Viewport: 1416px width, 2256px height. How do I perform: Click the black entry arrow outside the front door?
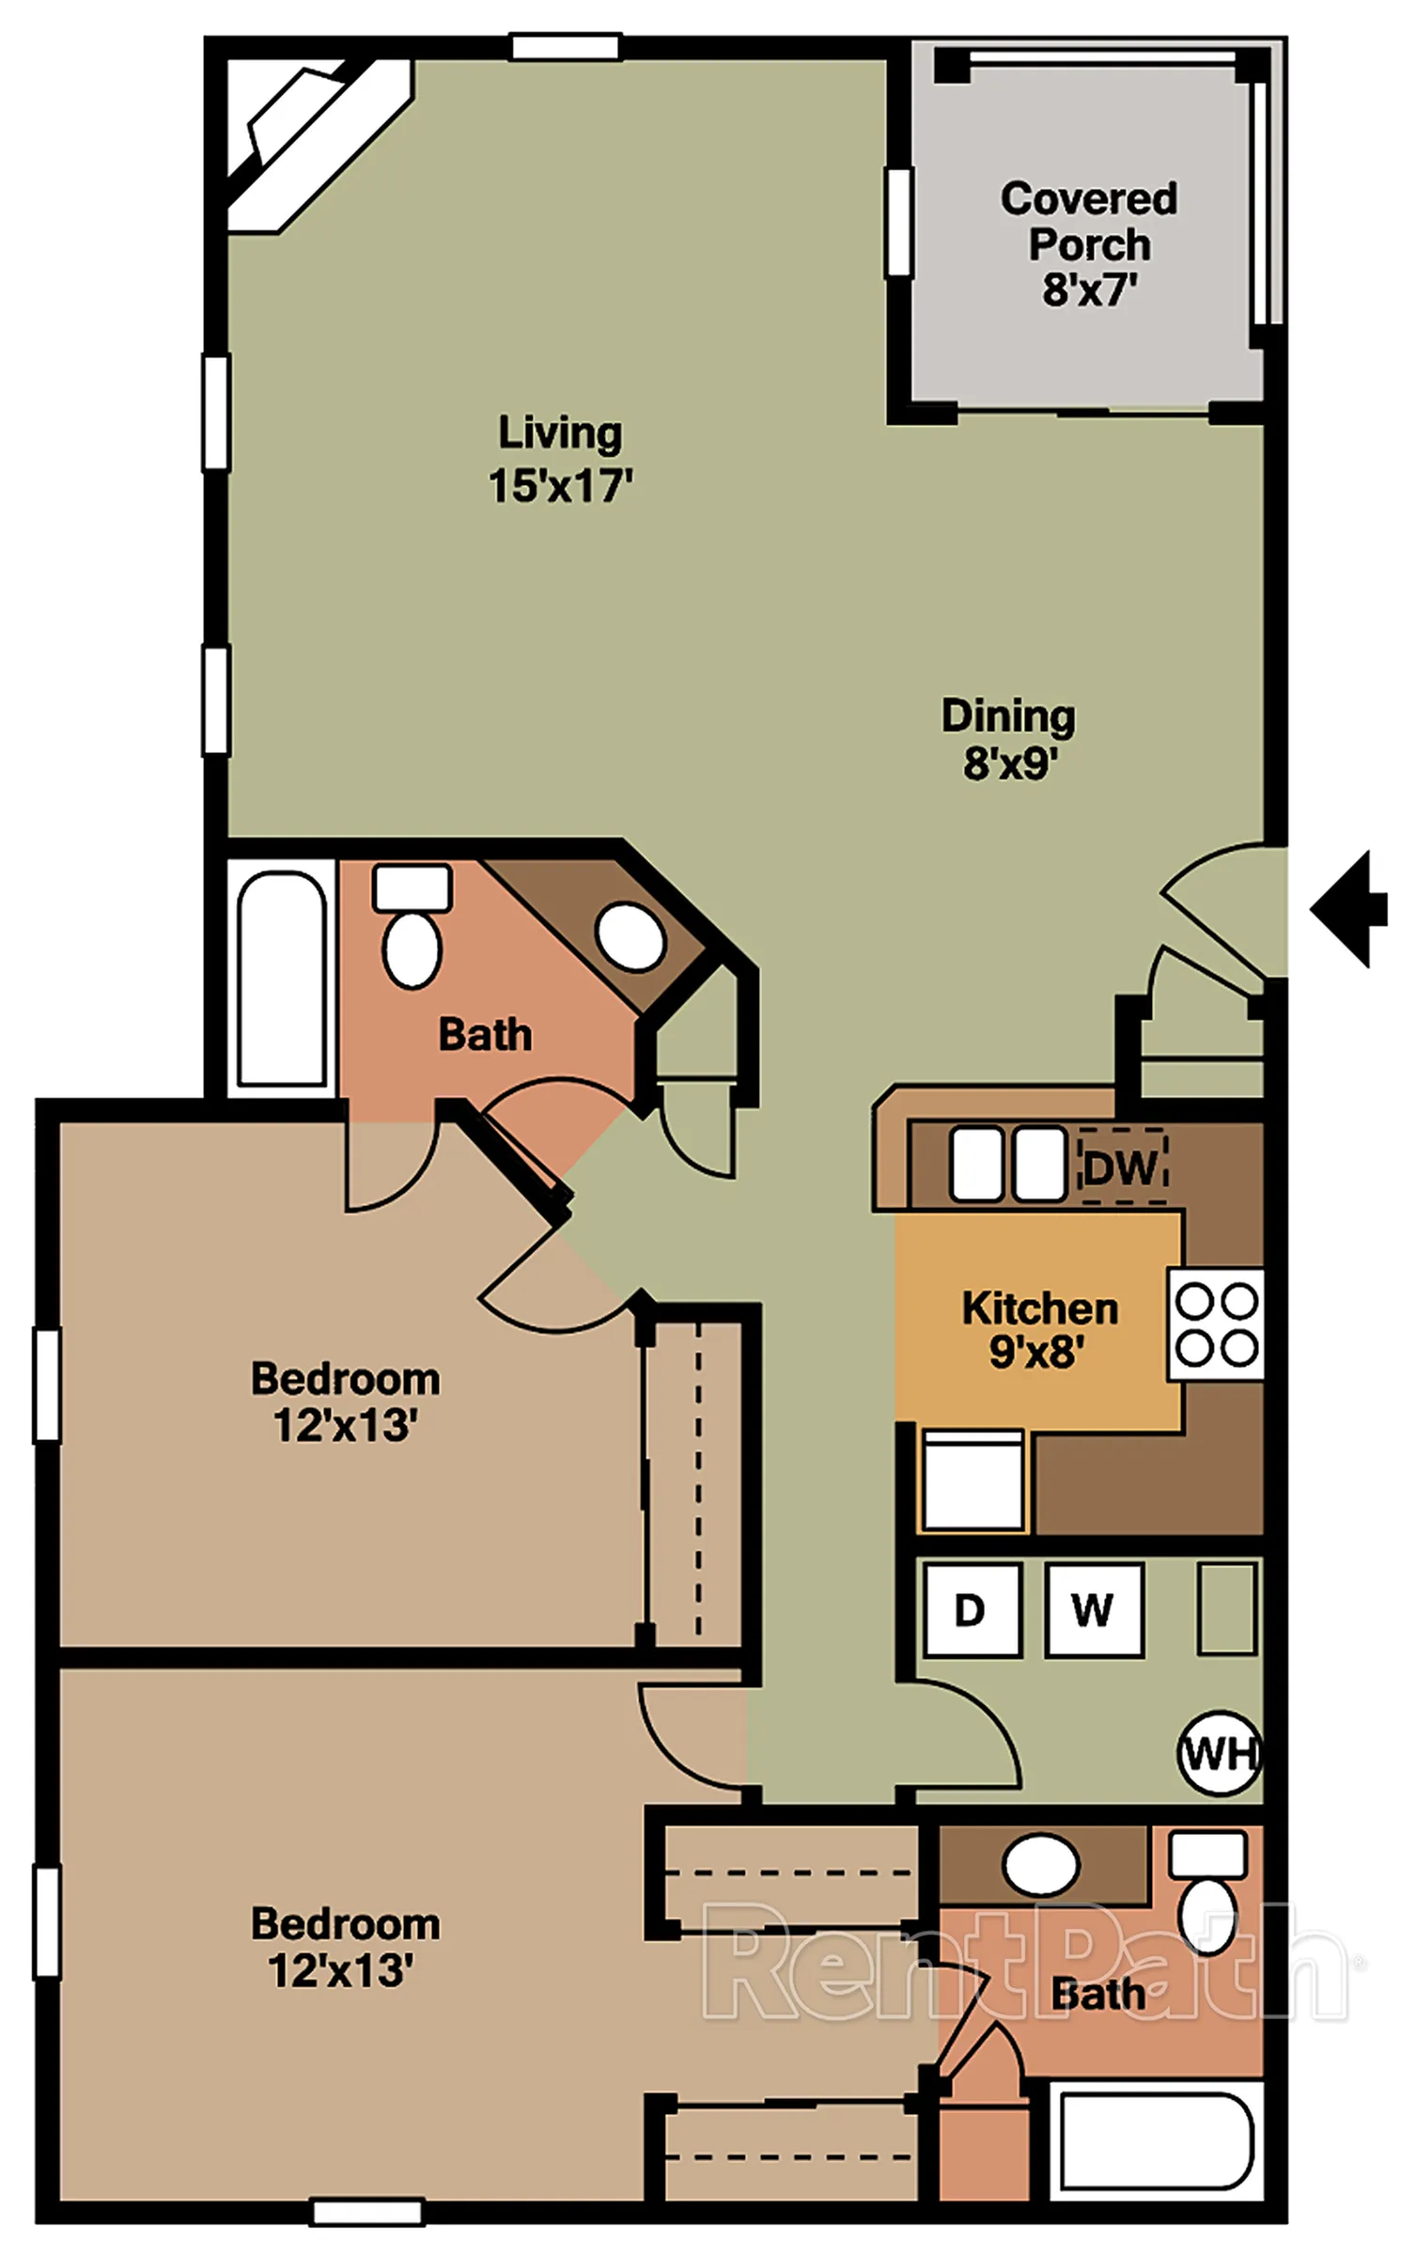(1350, 909)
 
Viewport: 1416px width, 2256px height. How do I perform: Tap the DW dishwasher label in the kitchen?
(1122, 1167)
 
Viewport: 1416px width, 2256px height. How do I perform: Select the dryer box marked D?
(972, 1610)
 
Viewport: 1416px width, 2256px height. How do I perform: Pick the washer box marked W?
(1095, 1610)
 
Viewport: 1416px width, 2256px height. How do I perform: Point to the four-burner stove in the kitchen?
(1216, 1324)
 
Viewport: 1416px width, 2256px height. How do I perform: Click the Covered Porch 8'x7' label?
(1089, 244)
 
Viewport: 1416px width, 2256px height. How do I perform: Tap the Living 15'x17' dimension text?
(560, 460)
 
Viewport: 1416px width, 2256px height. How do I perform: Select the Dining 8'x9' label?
(1008, 739)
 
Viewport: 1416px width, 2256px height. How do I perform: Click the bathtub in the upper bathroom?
(282, 979)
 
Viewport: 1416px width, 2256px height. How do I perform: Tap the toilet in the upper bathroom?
(412, 926)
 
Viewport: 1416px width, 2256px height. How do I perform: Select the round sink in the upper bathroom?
(630, 936)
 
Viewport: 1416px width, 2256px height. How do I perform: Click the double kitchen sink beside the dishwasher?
(1007, 1165)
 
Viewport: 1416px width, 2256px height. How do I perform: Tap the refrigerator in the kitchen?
(973, 1480)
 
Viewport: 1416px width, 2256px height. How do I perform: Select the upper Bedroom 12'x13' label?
(345, 1402)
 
